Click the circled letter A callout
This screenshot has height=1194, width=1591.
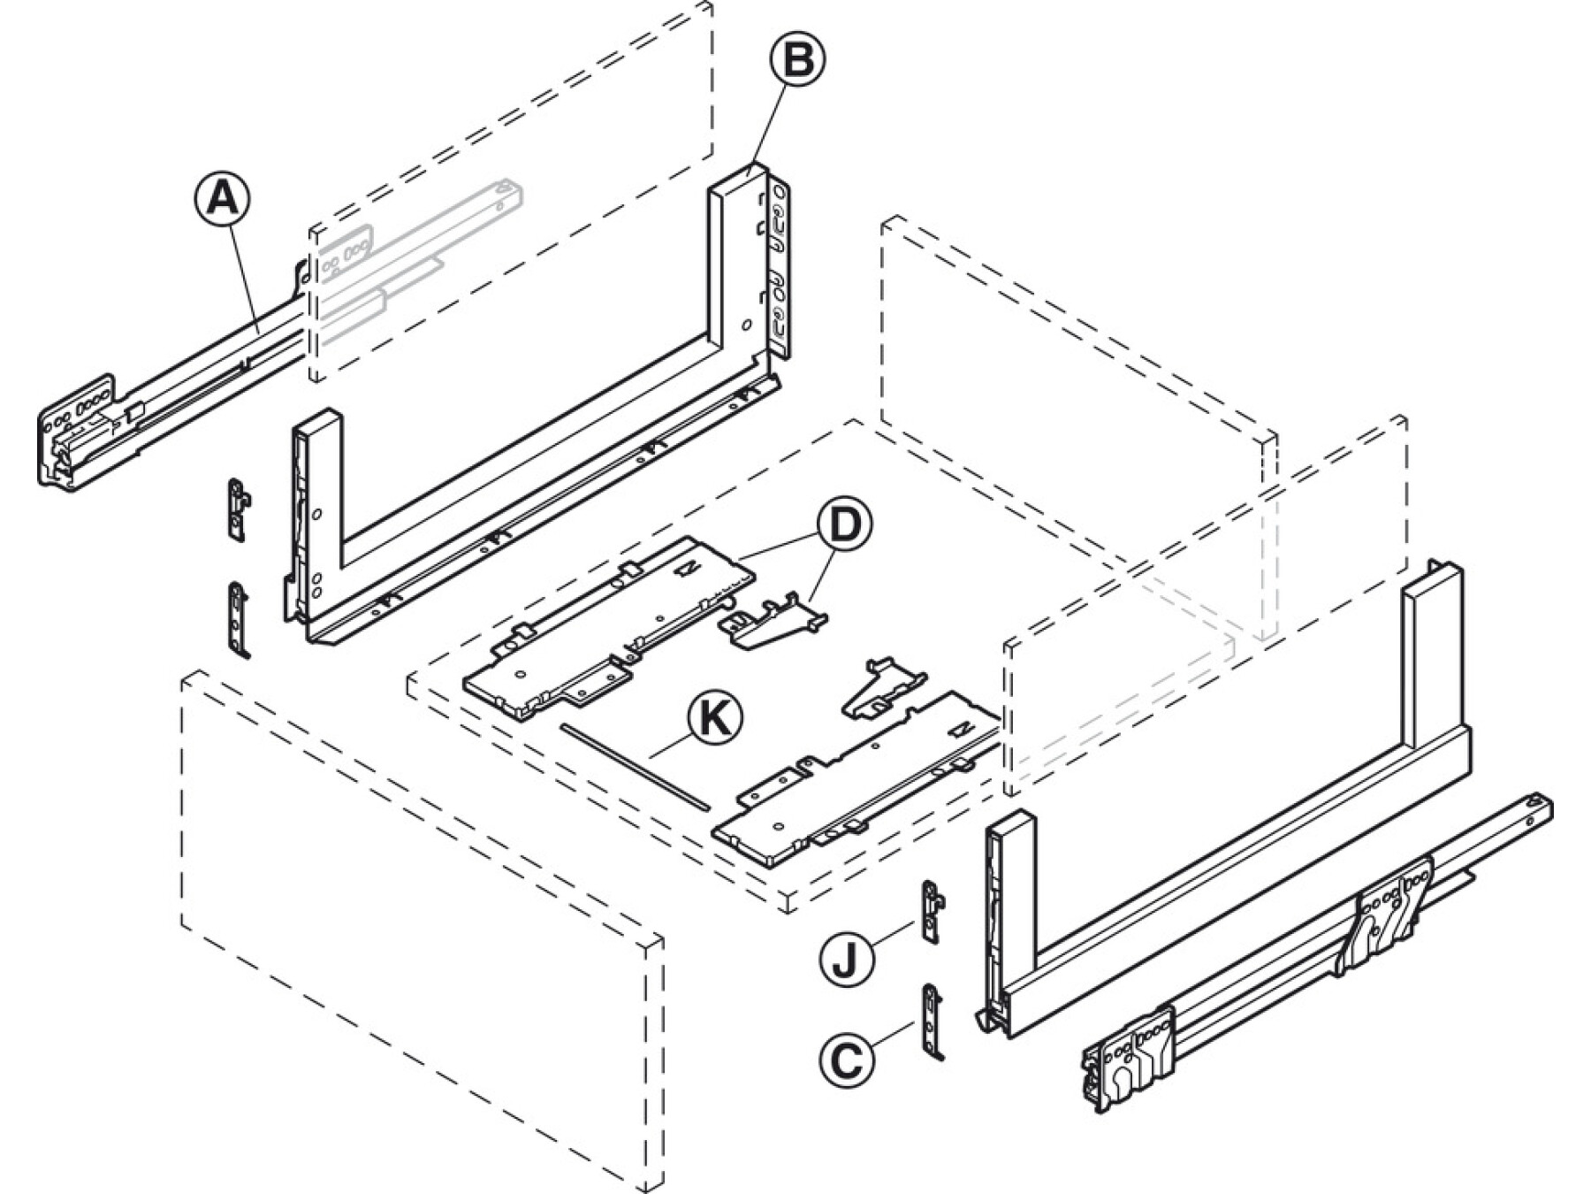222,198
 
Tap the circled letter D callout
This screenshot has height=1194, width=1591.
843,524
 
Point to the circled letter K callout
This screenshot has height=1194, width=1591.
714,718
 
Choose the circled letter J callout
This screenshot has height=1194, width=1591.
846,960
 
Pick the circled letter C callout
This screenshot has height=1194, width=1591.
848,1059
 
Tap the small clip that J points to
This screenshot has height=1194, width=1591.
932,911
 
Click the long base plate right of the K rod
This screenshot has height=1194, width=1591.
857,778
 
